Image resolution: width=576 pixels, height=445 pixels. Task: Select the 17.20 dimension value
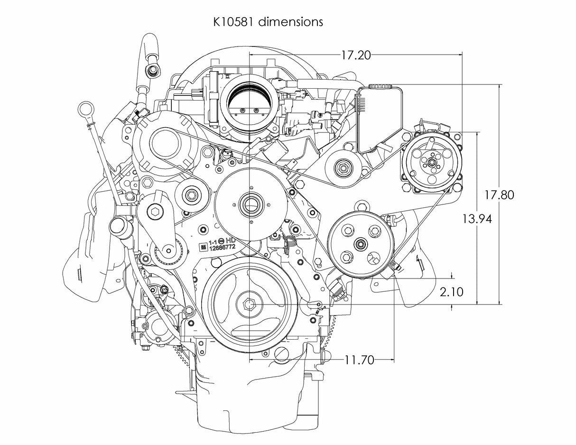355,55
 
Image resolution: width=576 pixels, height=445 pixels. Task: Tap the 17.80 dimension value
499,195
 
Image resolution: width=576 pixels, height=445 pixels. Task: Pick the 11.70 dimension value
359,360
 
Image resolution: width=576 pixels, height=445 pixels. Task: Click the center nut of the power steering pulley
361,244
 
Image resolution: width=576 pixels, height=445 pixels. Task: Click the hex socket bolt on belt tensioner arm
156,212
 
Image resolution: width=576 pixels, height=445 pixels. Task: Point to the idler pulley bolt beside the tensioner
192,194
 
